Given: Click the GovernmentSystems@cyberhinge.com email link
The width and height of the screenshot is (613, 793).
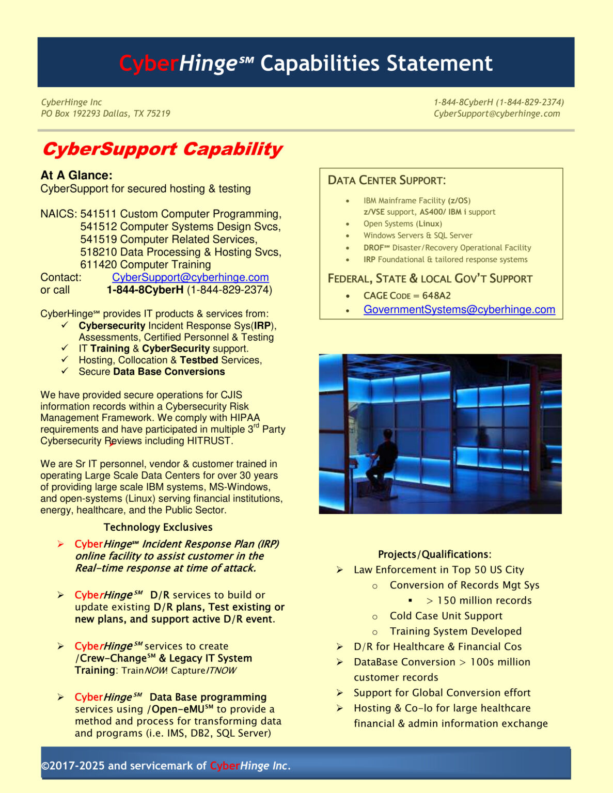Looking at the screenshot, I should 459,310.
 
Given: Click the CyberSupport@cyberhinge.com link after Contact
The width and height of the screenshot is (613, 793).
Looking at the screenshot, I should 190,278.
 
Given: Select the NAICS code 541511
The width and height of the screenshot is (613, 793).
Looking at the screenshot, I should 98,214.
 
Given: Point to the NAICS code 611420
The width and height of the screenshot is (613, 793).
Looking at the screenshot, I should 98,265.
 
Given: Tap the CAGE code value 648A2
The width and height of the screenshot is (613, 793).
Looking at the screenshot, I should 436,296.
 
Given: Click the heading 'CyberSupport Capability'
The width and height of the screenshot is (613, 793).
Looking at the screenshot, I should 162,149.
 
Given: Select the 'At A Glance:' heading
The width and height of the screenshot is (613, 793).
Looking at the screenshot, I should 76,176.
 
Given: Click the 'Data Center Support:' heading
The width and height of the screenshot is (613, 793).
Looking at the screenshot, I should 386,181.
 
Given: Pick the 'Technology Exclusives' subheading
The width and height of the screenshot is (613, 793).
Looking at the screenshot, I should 158,527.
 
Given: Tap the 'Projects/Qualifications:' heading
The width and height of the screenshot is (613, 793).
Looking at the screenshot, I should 434,554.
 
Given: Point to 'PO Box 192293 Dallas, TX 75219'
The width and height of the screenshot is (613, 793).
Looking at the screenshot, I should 105,114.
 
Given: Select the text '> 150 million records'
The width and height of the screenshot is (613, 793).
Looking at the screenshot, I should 479,600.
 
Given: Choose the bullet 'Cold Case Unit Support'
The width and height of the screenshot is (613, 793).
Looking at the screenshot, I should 446,616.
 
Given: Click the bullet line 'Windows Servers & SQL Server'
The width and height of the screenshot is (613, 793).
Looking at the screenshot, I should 417,235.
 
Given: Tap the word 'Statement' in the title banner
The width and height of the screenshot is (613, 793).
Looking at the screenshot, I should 439,64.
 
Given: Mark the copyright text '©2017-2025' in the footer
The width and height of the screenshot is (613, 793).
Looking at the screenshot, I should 73,766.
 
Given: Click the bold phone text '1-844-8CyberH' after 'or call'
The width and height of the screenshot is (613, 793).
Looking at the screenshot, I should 145,290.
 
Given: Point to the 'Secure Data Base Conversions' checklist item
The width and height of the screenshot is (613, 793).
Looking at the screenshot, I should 151,372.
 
